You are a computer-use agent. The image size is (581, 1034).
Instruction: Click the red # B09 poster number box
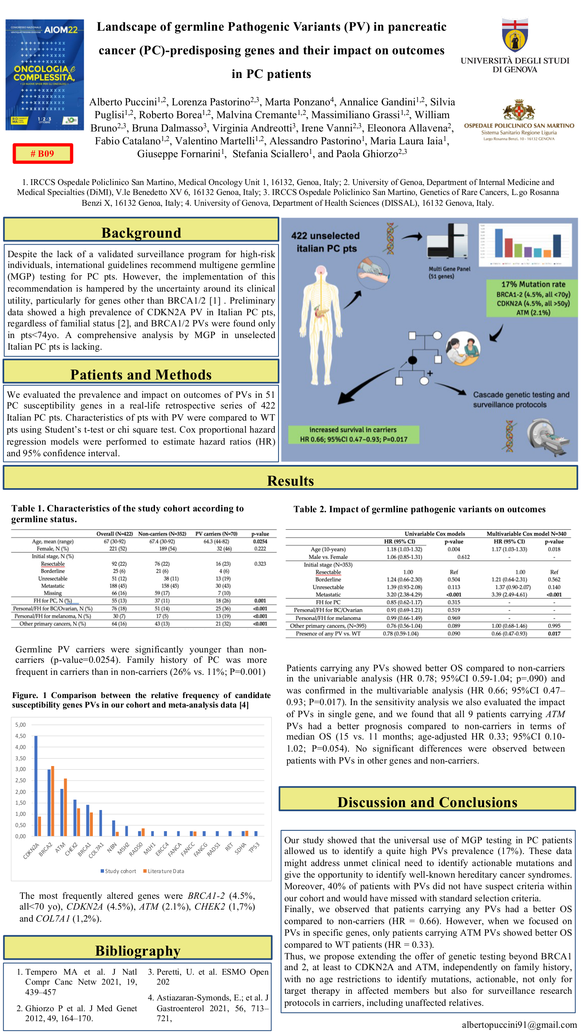pos(43,153)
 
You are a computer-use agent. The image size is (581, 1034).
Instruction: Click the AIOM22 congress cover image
pos(45,75)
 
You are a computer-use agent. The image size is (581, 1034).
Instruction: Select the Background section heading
pos(141,233)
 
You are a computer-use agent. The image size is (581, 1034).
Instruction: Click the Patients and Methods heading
pos(141,375)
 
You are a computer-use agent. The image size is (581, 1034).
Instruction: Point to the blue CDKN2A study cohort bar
pos(36,786)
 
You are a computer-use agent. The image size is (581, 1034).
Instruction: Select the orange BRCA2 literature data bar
pos(53,800)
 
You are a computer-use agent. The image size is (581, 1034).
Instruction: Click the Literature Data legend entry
pos(164,871)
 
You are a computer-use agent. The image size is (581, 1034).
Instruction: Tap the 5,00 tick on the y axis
pos(20,725)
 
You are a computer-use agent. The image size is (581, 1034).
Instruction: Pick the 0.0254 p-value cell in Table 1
pos(260,541)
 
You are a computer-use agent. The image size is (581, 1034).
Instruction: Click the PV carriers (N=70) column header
pos(216,534)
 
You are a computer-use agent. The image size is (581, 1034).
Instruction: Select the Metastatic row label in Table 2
pos(328,595)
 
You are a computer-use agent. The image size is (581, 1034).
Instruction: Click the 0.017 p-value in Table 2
pos(554,633)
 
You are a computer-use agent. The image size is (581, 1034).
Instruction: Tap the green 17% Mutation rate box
pos(533,298)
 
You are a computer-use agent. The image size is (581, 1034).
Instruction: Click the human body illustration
pos(321,324)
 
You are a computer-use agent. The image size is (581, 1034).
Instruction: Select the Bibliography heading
pos(138,950)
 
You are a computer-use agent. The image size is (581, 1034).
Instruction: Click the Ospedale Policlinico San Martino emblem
pos(519,110)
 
